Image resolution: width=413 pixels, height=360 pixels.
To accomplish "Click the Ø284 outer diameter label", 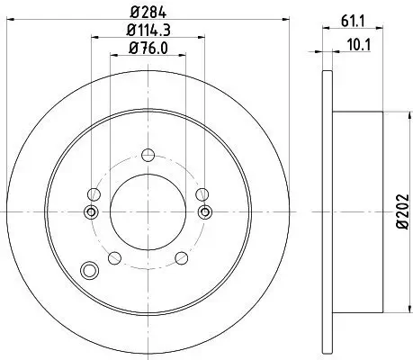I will coord(147,12).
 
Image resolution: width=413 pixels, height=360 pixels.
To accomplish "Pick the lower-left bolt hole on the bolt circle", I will coord(114,258).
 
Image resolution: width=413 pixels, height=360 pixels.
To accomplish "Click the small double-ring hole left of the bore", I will coord(90,211).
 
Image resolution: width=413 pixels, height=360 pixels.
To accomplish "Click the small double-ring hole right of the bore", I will coord(204,211).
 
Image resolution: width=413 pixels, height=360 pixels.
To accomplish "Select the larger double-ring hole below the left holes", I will coord(89,269).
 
